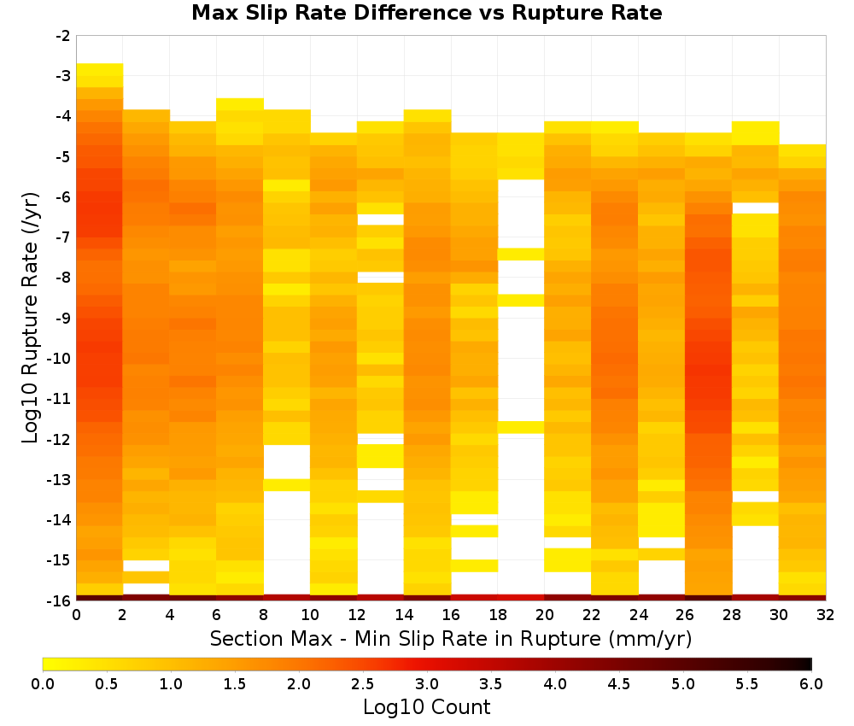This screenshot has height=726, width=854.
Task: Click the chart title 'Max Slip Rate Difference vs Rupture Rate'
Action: (x=426, y=13)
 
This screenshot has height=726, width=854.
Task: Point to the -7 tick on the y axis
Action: (x=63, y=237)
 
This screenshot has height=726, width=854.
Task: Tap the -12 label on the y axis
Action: (x=60, y=439)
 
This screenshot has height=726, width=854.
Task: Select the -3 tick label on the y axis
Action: (x=63, y=76)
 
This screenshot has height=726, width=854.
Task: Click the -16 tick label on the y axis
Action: (x=60, y=600)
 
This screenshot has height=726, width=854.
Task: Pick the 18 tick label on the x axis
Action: (x=498, y=615)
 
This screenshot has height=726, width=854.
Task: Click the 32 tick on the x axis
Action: (x=826, y=615)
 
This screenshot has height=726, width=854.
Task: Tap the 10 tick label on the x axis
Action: (x=311, y=615)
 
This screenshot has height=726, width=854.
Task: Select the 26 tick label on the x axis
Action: (x=685, y=615)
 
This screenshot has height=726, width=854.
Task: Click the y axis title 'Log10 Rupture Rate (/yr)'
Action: (x=31, y=318)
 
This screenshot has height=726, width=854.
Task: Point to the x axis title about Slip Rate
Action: (x=451, y=639)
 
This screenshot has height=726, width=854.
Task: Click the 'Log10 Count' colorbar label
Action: (x=426, y=707)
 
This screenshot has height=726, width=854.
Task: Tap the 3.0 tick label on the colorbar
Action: (x=427, y=684)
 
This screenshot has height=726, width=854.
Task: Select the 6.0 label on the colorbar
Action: (x=811, y=684)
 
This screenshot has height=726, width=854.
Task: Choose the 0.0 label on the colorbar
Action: (x=43, y=684)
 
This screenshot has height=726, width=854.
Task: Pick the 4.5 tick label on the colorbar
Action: (x=619, y=684)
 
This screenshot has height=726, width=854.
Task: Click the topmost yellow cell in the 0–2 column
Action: (x=100, y=69)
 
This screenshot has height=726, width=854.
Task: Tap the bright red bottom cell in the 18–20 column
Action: (x=521, y=598)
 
